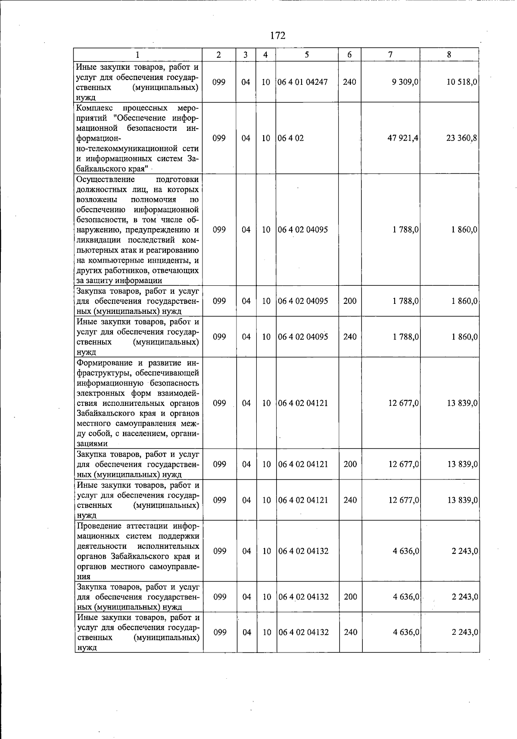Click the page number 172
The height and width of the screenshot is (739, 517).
pyautogui.click(x=278, y=36)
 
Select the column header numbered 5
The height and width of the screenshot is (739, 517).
pyautogui.click(x=307, y=55)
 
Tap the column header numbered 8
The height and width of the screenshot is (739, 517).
pyautogui.click(x=449, y=55)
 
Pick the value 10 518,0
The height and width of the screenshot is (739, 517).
pyautogui.click(x=462, y=82)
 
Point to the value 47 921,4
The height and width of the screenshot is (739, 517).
pyautogui.click(x=403, y=138)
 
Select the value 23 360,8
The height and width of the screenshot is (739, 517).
pyautogui.click(x=462, y=138)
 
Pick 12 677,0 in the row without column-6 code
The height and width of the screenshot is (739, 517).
pyautogui.click(x=403, y=403)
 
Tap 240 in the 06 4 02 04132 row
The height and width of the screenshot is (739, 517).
pyautogui.click(x=350, y=632)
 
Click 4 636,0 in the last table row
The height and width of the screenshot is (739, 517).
pyautogui.click(x=405, y=632)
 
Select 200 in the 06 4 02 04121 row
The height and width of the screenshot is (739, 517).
pyautogui.click(x=350, y=464)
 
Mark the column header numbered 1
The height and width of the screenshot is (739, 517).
pyautogui.click(x=137, y=55)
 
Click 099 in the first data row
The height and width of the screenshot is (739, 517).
pyautogui.click(x=219, y=82)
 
